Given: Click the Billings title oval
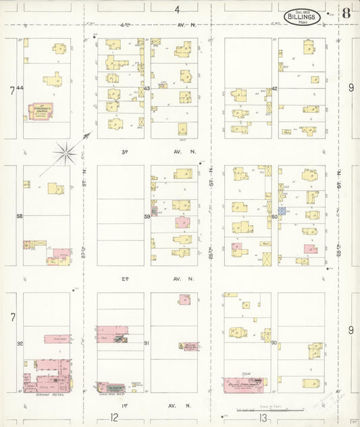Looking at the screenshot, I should coord(302,15).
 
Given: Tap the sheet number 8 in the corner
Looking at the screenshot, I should coord(346,12).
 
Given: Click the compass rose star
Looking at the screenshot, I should coord(66,153).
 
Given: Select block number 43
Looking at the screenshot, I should coord(147,89).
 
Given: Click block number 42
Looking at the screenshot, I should coord(275,89).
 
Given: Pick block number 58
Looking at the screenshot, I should coord(20,216).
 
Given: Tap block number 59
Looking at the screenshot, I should coord(147,216).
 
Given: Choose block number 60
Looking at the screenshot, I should coord(275,217).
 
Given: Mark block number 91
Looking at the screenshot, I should coord(147,343).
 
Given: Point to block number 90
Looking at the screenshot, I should coord(274,343).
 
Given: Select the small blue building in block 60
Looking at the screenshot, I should coord(283,211).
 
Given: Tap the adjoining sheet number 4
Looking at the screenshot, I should coord(177,9).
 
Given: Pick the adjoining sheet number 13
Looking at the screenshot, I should coord(241,418).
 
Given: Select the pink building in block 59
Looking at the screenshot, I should coord(182,222).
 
